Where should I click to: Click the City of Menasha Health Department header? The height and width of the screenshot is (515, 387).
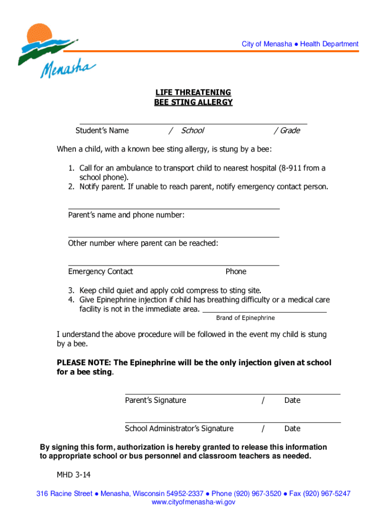300,44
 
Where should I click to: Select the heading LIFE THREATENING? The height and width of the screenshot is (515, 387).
193,93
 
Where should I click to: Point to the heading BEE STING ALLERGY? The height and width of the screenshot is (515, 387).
193,103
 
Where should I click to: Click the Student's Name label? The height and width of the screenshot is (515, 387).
102,131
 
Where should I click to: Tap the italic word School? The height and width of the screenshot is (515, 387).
192,131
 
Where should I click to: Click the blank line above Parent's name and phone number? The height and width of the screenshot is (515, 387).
173,208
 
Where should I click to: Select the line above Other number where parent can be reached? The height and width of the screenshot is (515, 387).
173,236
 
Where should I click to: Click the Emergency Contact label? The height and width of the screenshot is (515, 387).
101,272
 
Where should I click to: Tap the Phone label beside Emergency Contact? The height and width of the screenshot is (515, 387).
236,272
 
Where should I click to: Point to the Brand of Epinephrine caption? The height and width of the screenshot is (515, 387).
245,318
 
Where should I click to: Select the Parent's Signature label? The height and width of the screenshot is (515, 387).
155,400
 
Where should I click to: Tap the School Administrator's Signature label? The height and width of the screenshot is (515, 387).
179,428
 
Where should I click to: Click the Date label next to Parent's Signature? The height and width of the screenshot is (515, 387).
292,400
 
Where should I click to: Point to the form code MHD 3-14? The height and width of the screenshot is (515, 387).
73,475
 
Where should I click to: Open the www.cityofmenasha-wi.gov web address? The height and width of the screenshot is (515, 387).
193,502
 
